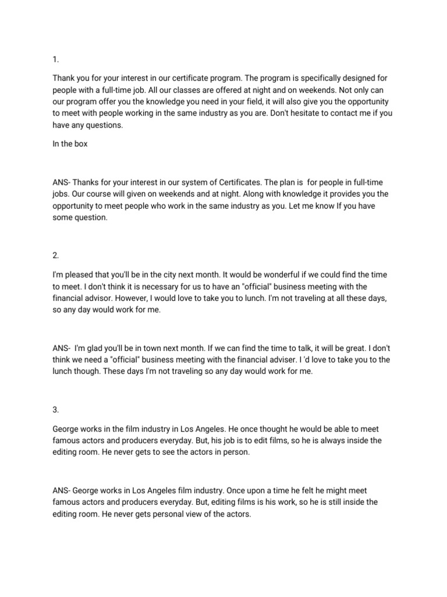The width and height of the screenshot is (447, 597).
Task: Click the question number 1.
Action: tap(55, 59)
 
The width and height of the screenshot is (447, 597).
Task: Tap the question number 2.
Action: tap(55, 255)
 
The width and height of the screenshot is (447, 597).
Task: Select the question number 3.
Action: tap(55, 409)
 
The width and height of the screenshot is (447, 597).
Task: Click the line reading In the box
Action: tap(70, 143)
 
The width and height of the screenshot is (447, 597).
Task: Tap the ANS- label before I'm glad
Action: tap(62, 348)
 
